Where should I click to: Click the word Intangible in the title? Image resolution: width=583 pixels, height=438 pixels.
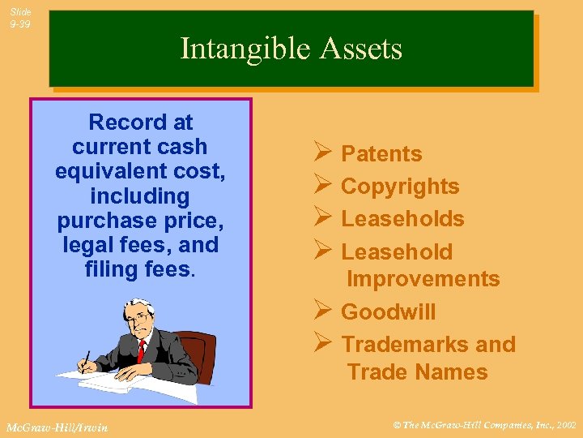(x=235, y=49)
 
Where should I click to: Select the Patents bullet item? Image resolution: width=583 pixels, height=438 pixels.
(x=381, y=154)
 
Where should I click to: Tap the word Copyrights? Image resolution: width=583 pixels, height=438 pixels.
(x=400, y=187)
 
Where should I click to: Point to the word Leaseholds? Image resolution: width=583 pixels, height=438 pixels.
(x=402, y=219)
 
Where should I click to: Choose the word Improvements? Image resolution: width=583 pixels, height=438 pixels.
(x=423, y=279)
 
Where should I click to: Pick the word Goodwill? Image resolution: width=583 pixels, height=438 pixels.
(x=388, y=312)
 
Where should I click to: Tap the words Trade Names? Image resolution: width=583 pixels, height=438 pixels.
(x=417, y=372)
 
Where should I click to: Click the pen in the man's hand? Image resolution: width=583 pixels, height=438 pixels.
(x=85, y=361)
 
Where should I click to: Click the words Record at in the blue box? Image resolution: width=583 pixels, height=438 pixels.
(x=140, y=122)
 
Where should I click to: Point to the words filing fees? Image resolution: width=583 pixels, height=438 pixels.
(x=138, y=268)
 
